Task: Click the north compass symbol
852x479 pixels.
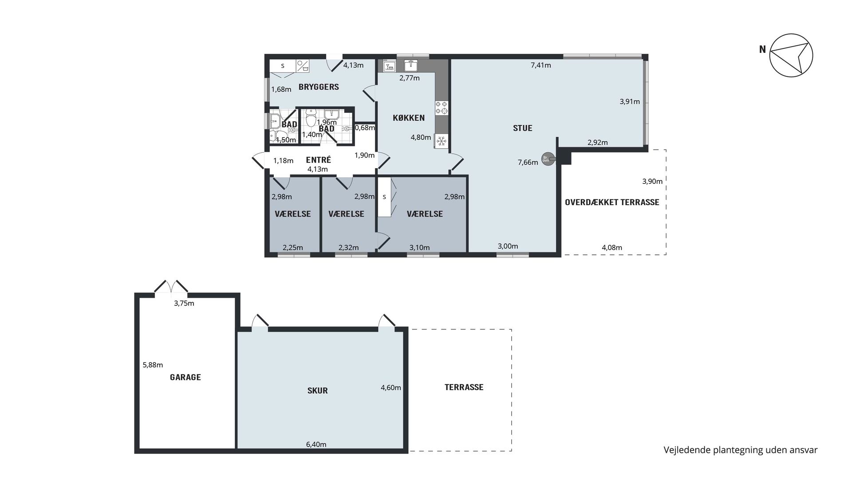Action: coord(791,55)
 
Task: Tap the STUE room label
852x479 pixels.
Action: coord(522,128)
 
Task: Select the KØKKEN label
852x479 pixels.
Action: coord(409,118)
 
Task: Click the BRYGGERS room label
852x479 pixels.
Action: coord(319,87)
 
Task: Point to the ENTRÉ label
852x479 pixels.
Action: coord(319,160)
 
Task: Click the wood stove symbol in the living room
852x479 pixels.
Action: coord(548,159)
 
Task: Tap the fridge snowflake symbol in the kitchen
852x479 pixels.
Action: coord(442,142)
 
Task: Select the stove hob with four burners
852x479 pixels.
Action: coord(442,107)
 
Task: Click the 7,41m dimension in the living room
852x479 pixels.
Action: coord(541,65)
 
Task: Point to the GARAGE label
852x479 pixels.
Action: coord(185,377)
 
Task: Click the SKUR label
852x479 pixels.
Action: coord(318,391)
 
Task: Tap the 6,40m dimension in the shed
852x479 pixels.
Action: coord(316,444)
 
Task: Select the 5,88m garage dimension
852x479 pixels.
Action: coord(153,365)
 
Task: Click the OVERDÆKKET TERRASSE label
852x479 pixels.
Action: coord(612,202)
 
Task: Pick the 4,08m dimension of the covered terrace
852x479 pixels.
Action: coord(612,248)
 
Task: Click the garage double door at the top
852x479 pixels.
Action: coord(171,287)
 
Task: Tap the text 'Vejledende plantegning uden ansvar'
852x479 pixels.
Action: coord(741,450)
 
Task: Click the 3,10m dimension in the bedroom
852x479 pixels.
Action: coord(419,248)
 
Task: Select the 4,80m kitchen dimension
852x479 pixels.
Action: coord(421,138)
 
